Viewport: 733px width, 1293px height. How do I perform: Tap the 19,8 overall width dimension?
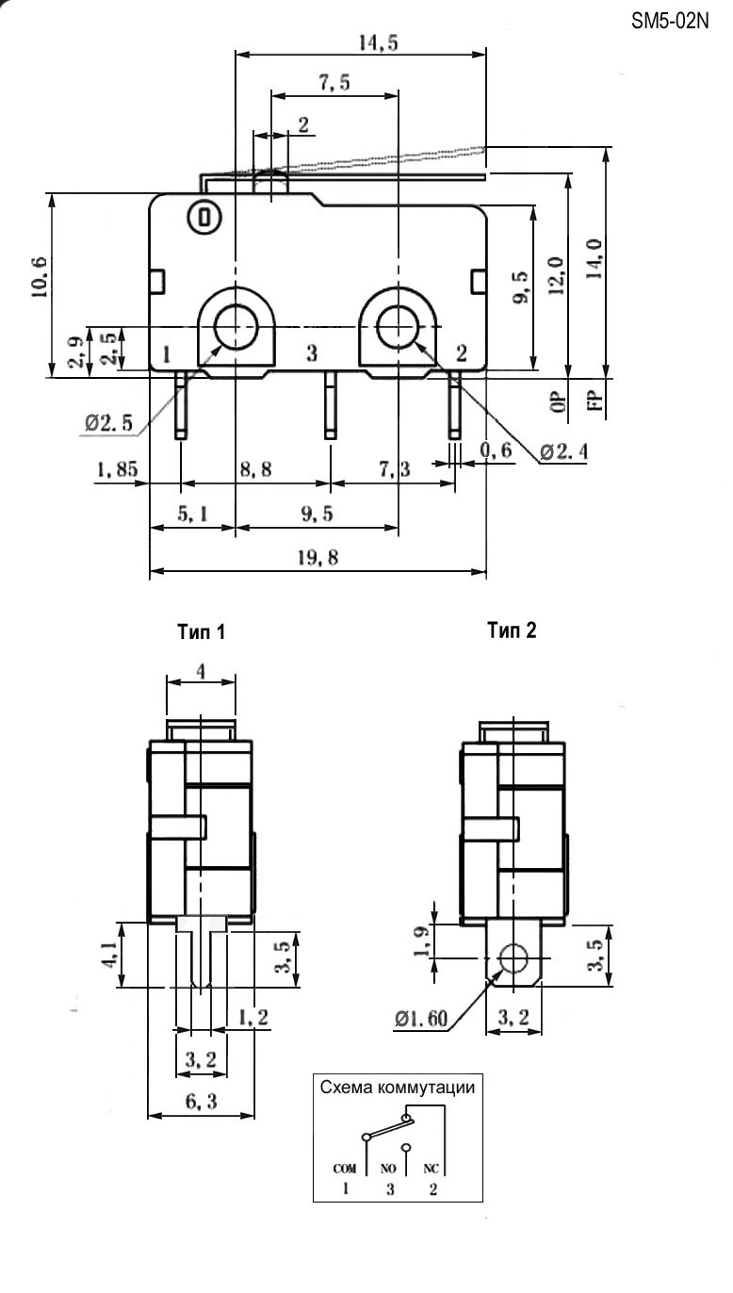coord(318,557)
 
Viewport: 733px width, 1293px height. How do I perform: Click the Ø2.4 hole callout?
coord(564,453)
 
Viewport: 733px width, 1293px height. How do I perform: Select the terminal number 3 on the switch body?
coord(312,353)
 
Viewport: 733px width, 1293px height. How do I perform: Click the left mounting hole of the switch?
coord(235,326)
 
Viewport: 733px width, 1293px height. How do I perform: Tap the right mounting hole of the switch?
coord(397,326)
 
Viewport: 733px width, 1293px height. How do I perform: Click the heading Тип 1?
coord(202,632)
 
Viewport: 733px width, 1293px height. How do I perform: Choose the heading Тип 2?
coord(512,630)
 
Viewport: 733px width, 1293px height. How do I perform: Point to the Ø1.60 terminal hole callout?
coord(421,1019)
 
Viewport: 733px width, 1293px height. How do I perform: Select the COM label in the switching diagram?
coord(345,1168)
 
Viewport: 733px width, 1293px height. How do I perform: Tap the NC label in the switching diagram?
coord(432,1168)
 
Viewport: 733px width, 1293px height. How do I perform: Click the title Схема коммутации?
coord(397,1087)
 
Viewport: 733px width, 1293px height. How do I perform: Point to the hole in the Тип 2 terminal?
coord(513,959)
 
